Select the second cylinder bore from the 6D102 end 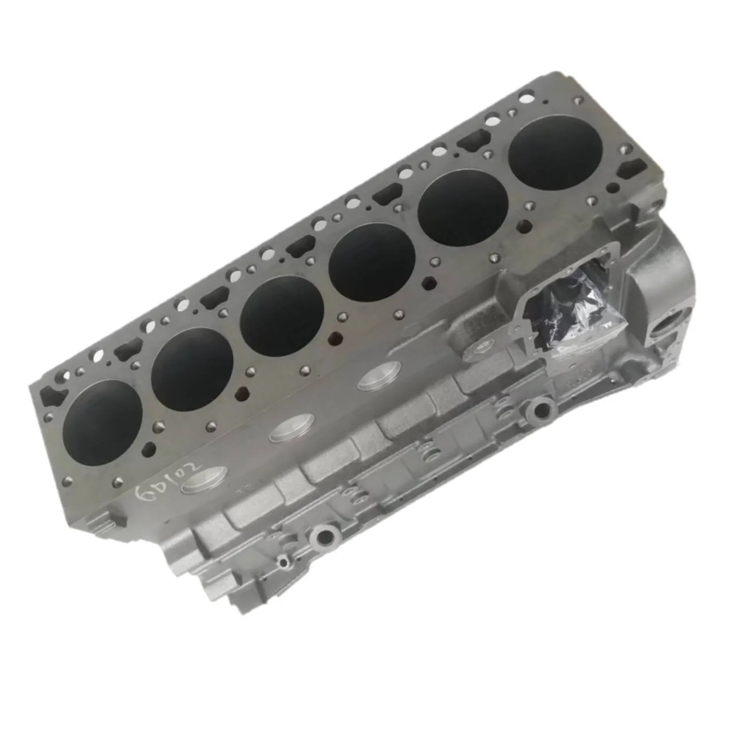coord(192,368)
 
